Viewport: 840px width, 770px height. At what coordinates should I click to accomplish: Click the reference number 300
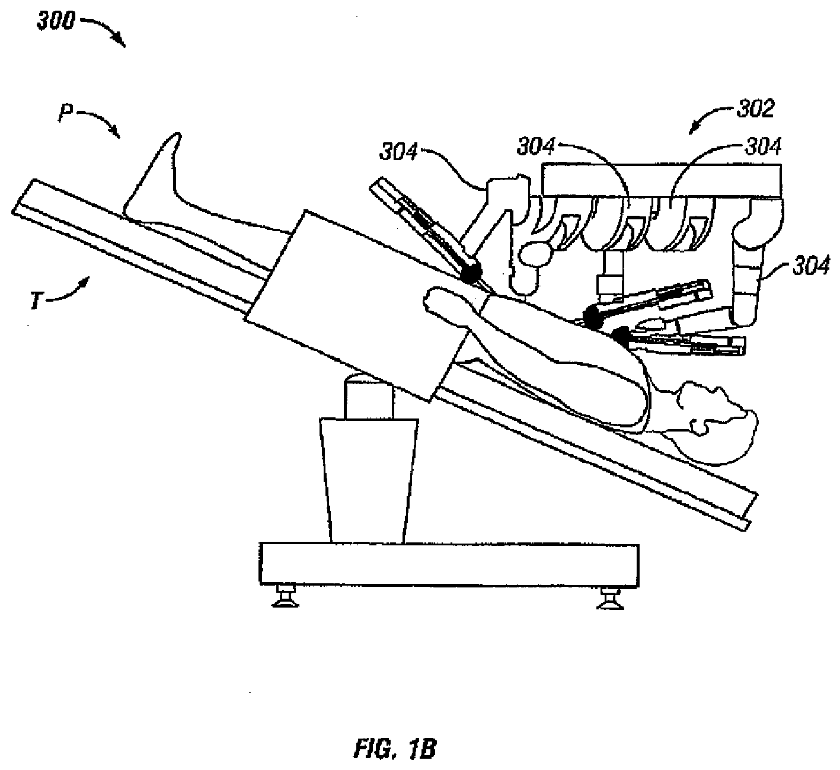point(55,21)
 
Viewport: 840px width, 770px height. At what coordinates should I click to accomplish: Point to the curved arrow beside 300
point(106,28)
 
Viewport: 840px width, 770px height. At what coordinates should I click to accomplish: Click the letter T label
point(36,300)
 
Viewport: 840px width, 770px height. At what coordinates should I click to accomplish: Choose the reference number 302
point(755,109)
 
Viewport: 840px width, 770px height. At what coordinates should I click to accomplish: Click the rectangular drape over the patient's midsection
point(360,306)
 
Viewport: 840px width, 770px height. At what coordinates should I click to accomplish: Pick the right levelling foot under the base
point(612,598)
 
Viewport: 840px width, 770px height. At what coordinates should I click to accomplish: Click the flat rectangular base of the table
point(449,564)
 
